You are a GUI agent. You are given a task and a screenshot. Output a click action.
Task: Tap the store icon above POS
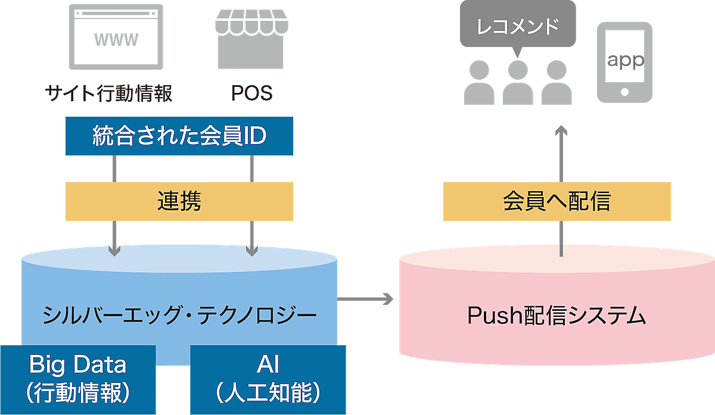(251, 40)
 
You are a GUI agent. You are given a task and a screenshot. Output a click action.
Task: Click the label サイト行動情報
(108, 93)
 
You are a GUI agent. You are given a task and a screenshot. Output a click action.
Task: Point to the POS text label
(251, 93)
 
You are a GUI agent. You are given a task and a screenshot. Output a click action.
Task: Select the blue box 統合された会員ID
(179, 136)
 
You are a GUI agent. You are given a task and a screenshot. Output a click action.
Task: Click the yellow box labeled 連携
(179, 201)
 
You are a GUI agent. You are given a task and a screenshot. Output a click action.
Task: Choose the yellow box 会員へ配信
(557, 201)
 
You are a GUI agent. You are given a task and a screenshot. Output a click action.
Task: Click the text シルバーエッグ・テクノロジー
(179, 314)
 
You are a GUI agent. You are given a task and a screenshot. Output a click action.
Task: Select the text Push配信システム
(557, 314)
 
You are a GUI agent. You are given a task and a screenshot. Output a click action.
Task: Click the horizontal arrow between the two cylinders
(366, 299)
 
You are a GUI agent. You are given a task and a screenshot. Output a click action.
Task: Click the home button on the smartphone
(624, 92)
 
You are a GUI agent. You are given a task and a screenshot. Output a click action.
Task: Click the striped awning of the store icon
(251, 23)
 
